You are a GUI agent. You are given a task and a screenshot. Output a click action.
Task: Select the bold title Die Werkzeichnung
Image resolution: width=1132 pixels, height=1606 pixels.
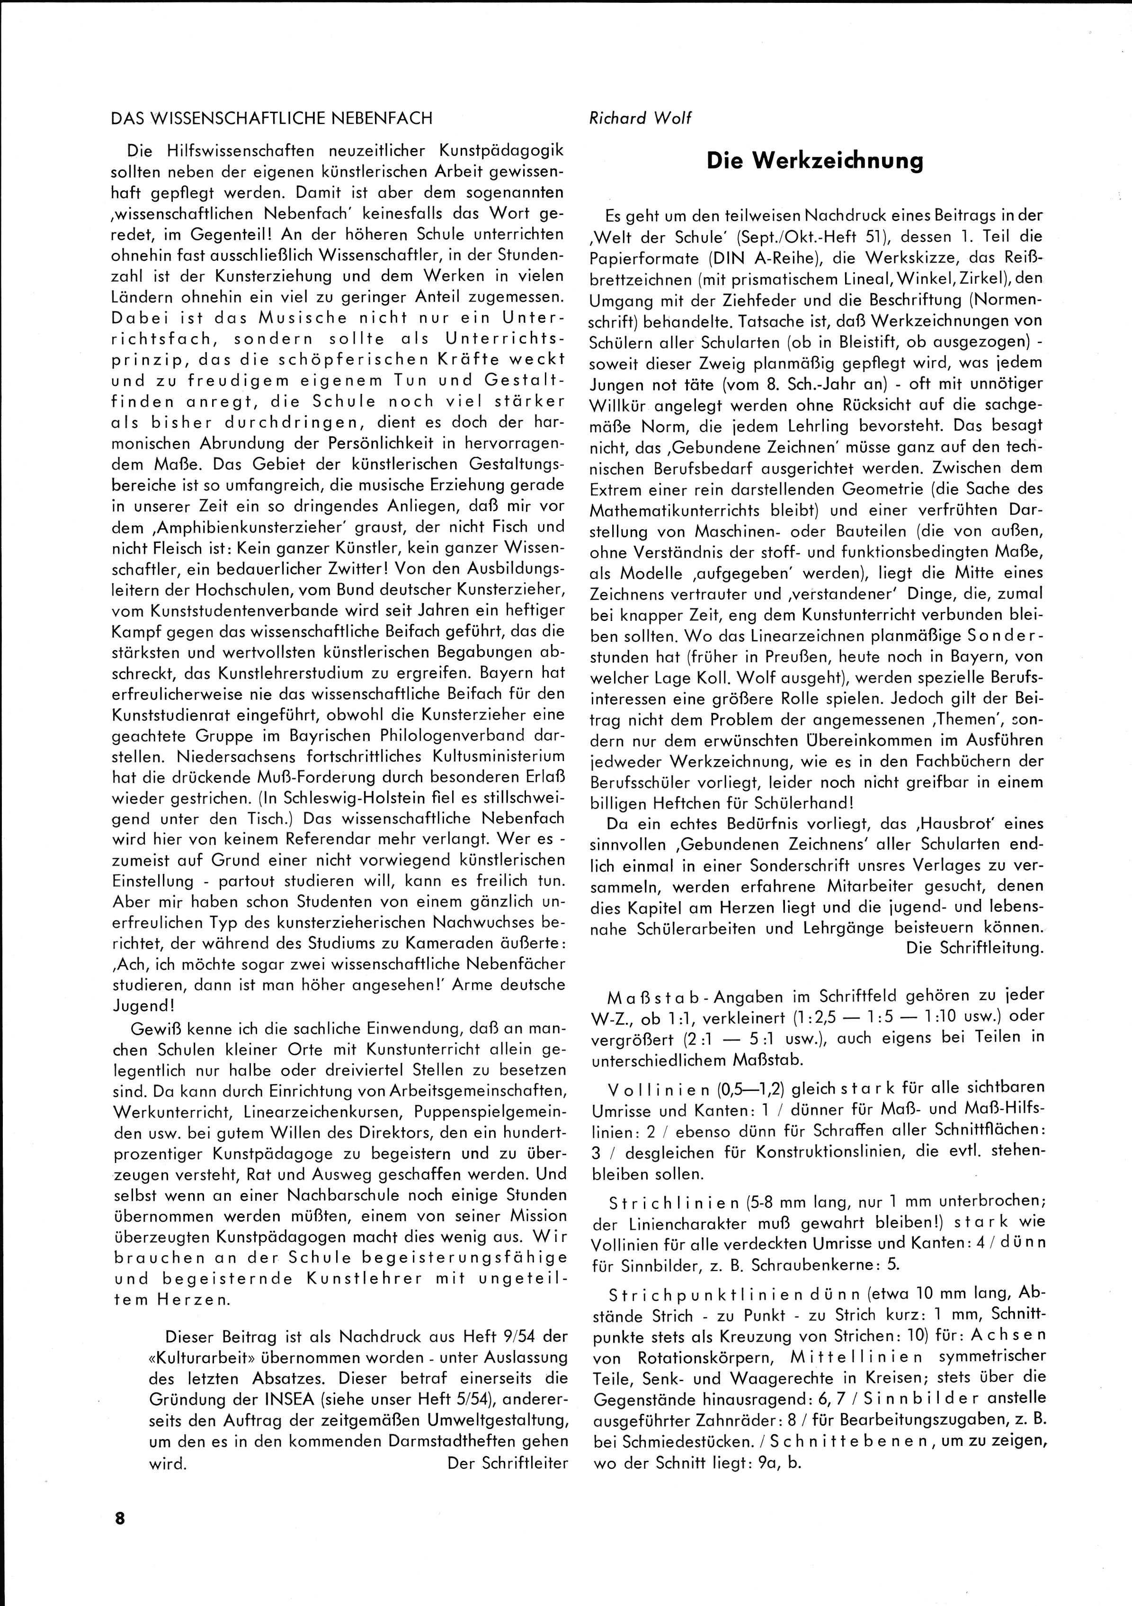click(814, 161)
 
